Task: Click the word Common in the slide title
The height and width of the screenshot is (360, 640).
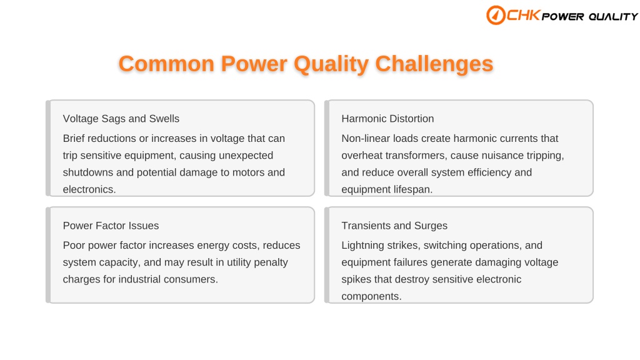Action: (x=166, y=64)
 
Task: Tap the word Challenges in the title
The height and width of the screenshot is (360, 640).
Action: (x=434, y=64)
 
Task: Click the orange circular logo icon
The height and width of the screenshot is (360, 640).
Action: (x=496, y=15)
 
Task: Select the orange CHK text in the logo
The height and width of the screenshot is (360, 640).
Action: (x=524, y=15)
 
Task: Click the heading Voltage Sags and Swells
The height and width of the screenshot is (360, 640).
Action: (x=121, y=119)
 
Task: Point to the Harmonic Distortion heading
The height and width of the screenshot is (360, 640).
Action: (x=387, y=119)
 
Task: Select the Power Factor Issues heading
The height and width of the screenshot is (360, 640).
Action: (x=111, y=226)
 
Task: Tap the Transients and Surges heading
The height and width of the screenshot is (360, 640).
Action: (x=394, y=226)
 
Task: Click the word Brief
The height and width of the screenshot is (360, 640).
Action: (x=74, y=138)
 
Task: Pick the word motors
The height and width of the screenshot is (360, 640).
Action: (x=248, y=172)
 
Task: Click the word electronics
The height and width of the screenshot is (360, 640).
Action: (x=89, y=189)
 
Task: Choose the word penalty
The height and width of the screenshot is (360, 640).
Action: (x=271, y=262)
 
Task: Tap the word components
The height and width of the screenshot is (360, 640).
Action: (x=371, y=297)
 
